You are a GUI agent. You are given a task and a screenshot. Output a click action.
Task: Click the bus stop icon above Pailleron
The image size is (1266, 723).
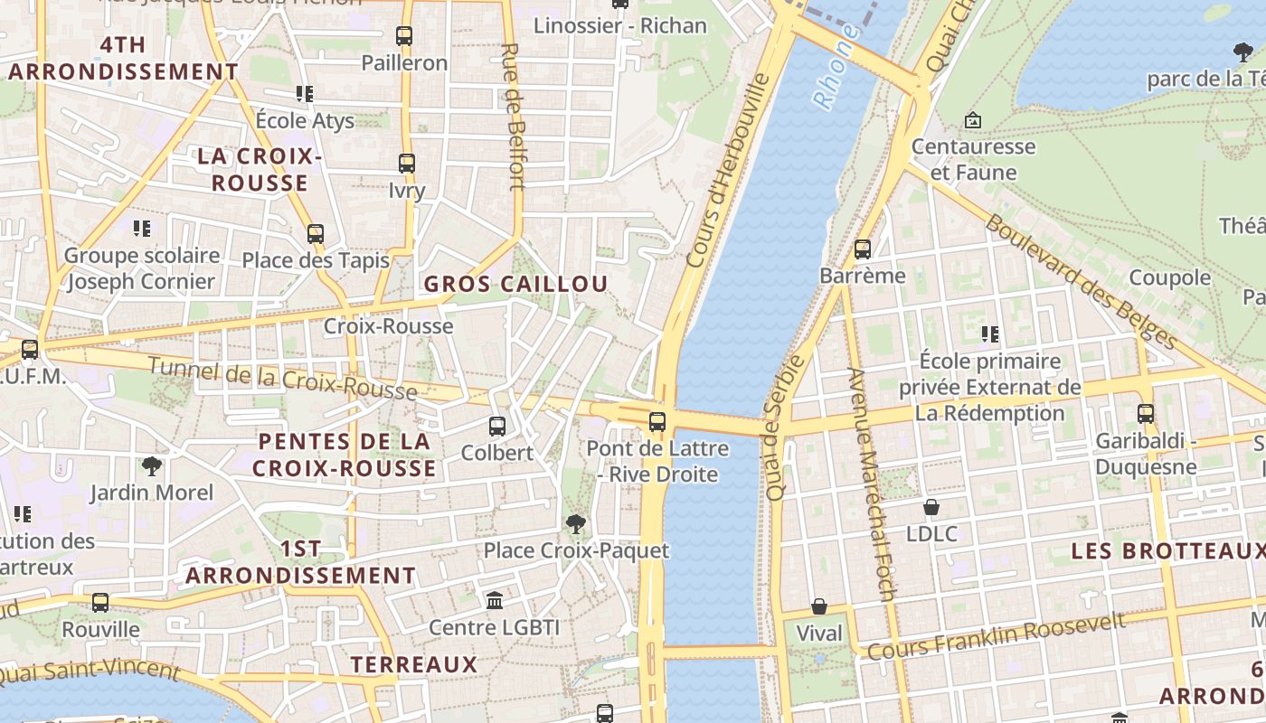coord(404,36)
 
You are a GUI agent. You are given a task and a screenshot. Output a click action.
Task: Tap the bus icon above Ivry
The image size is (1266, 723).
coord(407,164)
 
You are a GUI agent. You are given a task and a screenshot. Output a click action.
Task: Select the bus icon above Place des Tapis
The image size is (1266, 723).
coord(316,234)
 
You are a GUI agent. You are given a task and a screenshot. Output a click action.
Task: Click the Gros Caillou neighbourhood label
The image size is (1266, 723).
coord(515,284)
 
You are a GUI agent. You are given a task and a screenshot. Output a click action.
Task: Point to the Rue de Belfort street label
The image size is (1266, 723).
coord(513,117)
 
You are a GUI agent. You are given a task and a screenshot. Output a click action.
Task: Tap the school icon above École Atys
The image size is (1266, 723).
coord(305,94)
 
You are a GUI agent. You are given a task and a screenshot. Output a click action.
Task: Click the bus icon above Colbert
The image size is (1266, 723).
coord(497,426)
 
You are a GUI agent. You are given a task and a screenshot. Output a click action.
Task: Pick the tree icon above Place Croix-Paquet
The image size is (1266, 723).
coord(575,523)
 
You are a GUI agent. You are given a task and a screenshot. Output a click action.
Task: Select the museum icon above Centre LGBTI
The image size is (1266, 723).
coord(495,600)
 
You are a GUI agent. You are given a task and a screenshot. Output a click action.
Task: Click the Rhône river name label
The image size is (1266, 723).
coord(835,68)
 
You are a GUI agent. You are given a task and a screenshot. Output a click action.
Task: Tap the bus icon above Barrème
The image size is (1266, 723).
coord(863,249)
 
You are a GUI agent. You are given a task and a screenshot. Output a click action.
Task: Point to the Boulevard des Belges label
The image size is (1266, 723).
coord(1082,281)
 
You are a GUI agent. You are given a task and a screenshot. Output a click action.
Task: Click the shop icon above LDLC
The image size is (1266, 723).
coord(931,507)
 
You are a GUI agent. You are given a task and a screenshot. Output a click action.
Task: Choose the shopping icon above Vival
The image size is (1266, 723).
coord(819,606)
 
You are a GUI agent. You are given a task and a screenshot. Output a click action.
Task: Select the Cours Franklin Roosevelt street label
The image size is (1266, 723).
coord(997,635)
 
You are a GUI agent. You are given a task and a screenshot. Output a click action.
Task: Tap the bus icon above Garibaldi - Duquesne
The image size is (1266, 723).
coord(1146,414)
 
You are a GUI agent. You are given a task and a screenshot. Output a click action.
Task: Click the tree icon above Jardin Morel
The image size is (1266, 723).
coord(152,466)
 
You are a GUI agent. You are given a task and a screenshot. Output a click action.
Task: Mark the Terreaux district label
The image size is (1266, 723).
coord(413,664)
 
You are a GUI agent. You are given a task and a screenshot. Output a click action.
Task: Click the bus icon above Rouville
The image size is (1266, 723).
coord(100,602)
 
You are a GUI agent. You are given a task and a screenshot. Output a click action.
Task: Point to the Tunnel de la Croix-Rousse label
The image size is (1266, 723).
coord(282,378)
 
